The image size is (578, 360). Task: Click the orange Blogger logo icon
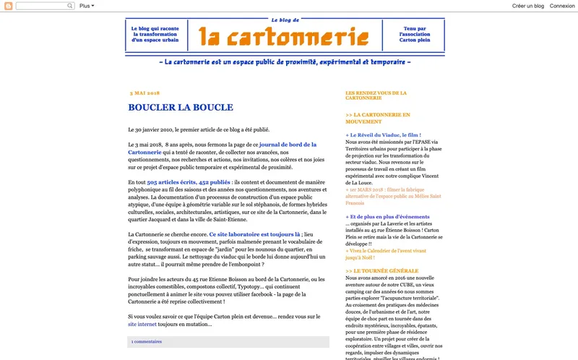coord(8,6)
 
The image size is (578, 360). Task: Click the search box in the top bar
coord(45,6)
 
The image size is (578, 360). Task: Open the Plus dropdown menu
coord(87,6)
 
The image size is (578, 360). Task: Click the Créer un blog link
coord(527,6)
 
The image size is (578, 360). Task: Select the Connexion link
coord(562,6)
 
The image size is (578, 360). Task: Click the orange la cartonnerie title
coord(285,35)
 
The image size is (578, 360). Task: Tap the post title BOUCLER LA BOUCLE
coord(181,108)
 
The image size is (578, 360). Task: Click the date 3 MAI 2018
coord(144,93)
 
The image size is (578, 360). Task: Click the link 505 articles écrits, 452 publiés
coord(189,183)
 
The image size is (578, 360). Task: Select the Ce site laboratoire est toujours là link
coord(254,235)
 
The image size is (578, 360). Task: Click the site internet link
coord(142,325)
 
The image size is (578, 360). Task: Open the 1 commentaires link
coord(147,341)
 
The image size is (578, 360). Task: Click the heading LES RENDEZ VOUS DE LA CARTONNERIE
coord(376,95)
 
